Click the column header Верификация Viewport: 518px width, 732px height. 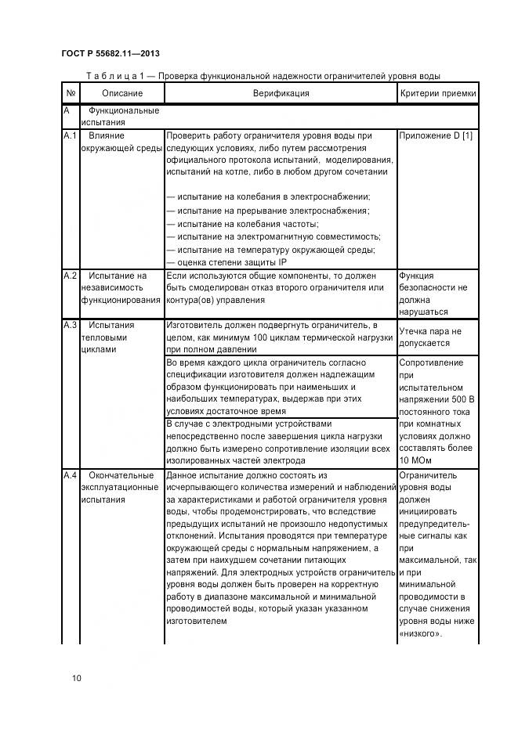click(281, 93)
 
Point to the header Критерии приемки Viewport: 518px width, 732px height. click(438, 93)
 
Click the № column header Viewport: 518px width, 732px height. click(71, 93)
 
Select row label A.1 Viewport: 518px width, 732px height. click(70, 136)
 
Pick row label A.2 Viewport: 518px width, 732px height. click(70, 276)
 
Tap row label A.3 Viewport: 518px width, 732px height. click(70, 325)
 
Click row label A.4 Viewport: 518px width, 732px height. click(70, 475)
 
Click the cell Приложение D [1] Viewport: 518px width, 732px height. click(436, 136)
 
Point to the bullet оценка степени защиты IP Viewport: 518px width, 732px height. click(227, 262)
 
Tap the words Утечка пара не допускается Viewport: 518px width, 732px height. click(430, 337)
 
